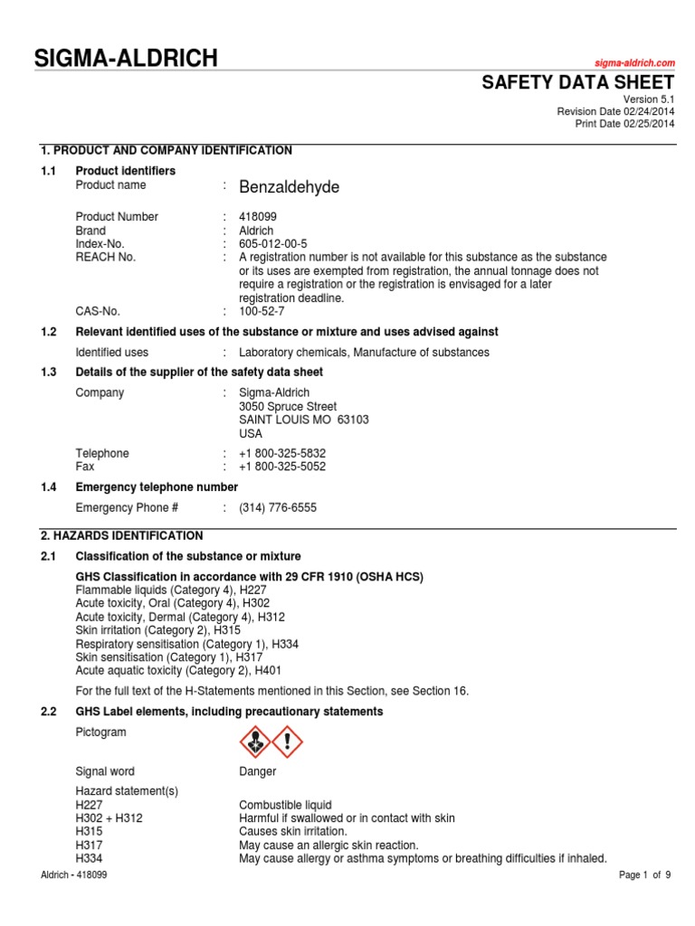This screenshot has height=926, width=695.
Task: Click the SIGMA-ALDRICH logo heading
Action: click(126, 60)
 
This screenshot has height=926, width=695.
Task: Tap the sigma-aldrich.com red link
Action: click(634, 62)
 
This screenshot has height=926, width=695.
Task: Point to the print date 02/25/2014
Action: click(649, 124)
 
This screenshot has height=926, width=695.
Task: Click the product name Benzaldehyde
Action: click(289, 187)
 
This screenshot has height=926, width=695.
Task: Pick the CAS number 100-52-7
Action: click(262, 311)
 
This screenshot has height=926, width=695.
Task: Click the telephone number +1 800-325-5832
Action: click(282, 453)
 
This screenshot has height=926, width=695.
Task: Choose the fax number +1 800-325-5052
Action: click(282, 467)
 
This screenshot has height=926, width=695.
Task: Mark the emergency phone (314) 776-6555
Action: click(278, 508)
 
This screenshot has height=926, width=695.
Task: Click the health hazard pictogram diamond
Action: click(254, 742)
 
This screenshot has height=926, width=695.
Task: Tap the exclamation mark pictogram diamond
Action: click(288, 742)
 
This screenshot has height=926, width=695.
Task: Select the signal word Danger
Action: click(257, 772)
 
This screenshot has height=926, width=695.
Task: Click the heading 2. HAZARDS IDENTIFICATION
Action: click(122, 536)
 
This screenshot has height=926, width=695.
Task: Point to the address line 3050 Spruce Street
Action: click(288, 407)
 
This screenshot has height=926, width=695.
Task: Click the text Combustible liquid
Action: click(285, 805)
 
